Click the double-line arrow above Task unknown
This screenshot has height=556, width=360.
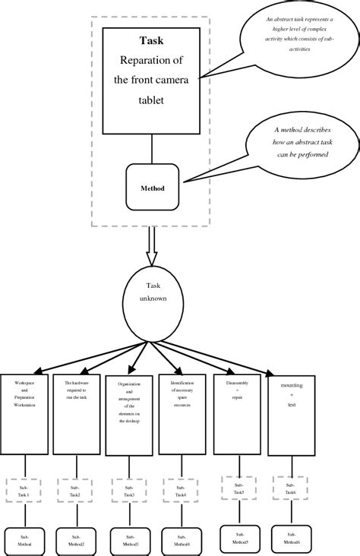coord(153,248)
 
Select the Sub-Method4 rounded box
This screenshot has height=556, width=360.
coord(182,540)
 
